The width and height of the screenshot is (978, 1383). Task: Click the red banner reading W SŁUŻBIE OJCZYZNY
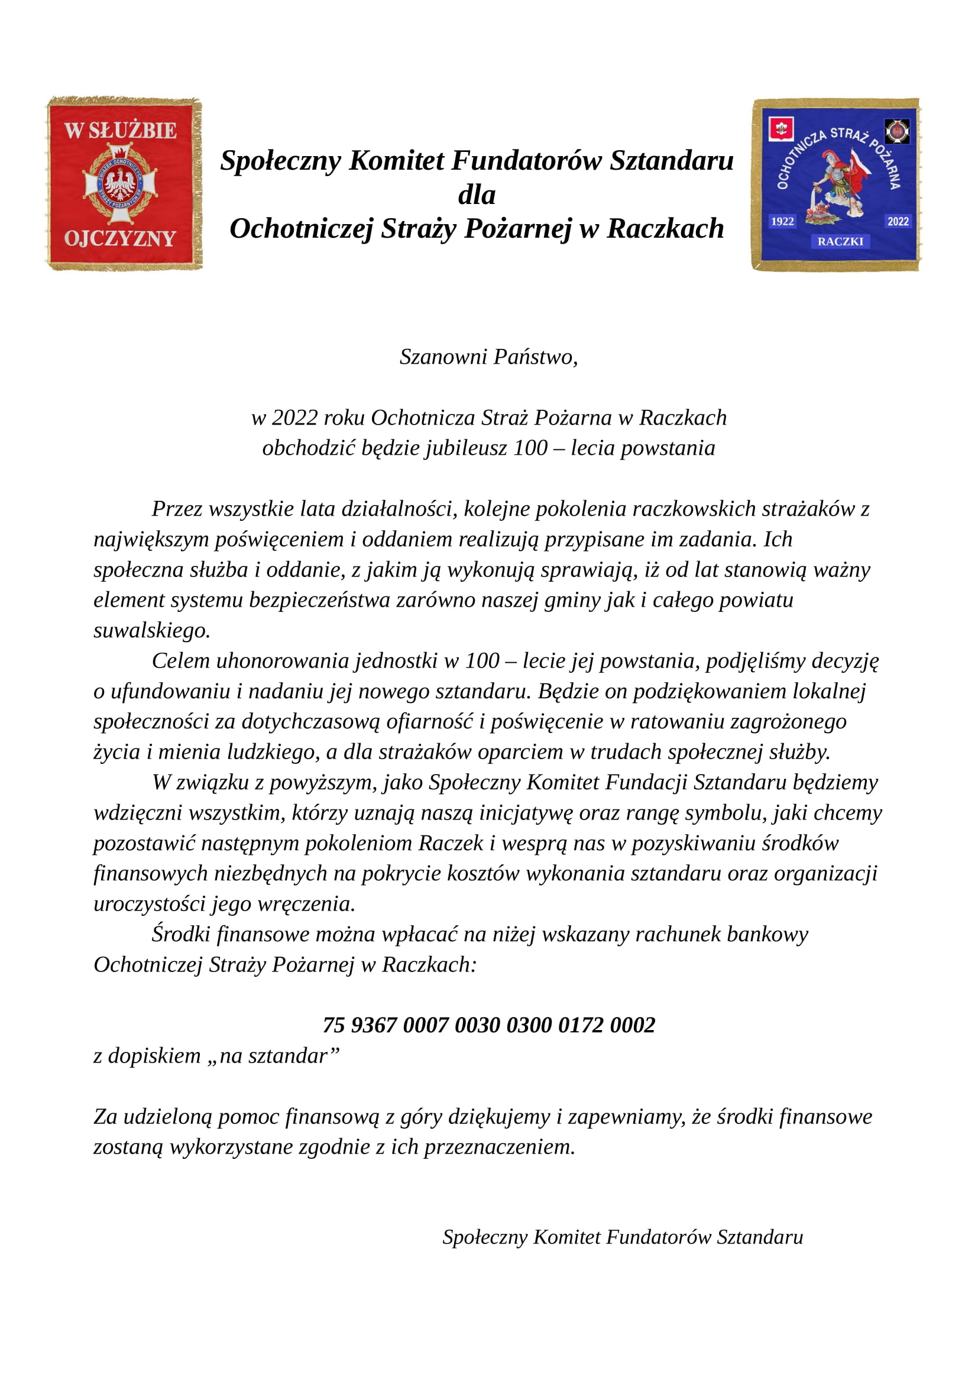tap(124, 183)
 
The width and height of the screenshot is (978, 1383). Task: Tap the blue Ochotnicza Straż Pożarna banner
tap(836, 184)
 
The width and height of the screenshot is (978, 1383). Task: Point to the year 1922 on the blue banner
tap(782, 221)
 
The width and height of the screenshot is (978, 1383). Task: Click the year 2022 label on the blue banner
tap(898, 221)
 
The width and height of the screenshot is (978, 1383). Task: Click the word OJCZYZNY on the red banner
tap(120, 238)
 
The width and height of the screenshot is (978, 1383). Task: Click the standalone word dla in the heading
tap(477, 195)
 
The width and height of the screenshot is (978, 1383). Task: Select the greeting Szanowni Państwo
tap(488, 357)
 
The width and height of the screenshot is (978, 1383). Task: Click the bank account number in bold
tap(488, 1025)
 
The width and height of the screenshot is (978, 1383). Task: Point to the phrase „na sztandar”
tap(276, 1055)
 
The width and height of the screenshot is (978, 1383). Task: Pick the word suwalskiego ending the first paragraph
tap(152, 630)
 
